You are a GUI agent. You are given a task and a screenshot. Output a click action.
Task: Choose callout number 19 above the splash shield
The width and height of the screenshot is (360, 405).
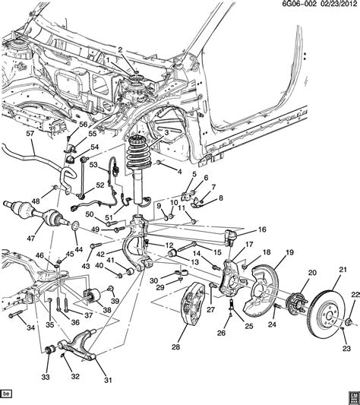coord(289,252)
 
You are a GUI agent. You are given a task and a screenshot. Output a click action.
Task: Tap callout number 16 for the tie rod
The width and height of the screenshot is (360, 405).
coord(262,229)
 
